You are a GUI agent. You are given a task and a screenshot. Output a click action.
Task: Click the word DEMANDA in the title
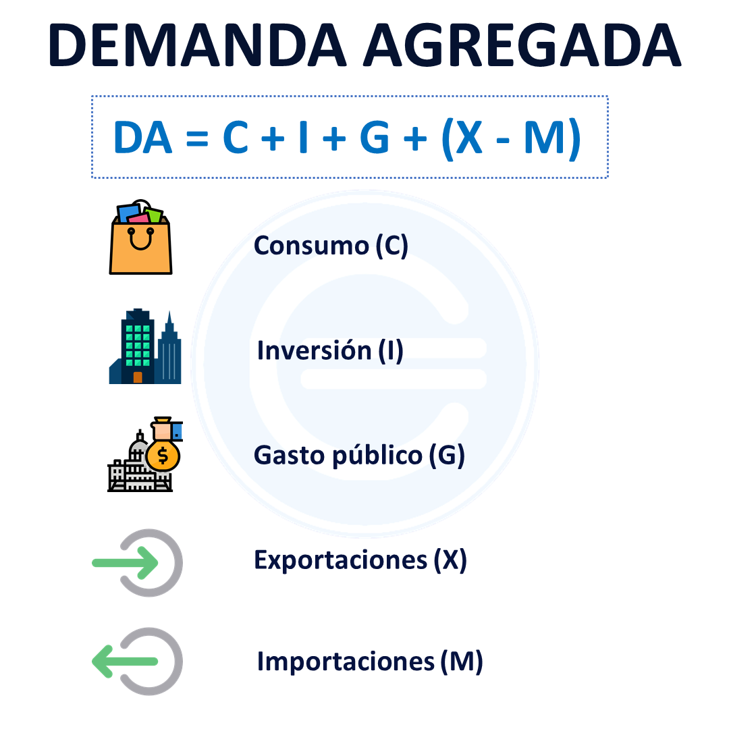coord(198,45)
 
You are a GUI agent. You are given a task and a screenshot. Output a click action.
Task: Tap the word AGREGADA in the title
coord(522,45)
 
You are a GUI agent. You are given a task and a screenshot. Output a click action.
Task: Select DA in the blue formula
coord(142,138)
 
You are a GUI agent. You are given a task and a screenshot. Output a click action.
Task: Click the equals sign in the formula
coord(197,138)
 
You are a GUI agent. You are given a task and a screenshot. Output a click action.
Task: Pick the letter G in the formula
coord(374,138)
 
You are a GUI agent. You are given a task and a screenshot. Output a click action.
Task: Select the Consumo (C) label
coord(331,246)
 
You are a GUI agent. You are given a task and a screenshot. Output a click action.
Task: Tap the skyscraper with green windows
coord(138,346)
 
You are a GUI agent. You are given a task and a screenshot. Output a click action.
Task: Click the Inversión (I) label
coord(330,350)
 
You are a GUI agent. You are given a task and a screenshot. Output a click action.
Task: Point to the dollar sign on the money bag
coord(163,456)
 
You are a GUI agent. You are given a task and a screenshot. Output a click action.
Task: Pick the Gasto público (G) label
coord(359,455)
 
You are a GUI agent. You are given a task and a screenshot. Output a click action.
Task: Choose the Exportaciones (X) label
coord(360,560)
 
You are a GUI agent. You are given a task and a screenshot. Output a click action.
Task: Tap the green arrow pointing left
coord(125,661)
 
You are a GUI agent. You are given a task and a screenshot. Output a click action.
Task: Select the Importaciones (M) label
coord(370,661)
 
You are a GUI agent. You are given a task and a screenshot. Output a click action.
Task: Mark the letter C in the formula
coord(236,138)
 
